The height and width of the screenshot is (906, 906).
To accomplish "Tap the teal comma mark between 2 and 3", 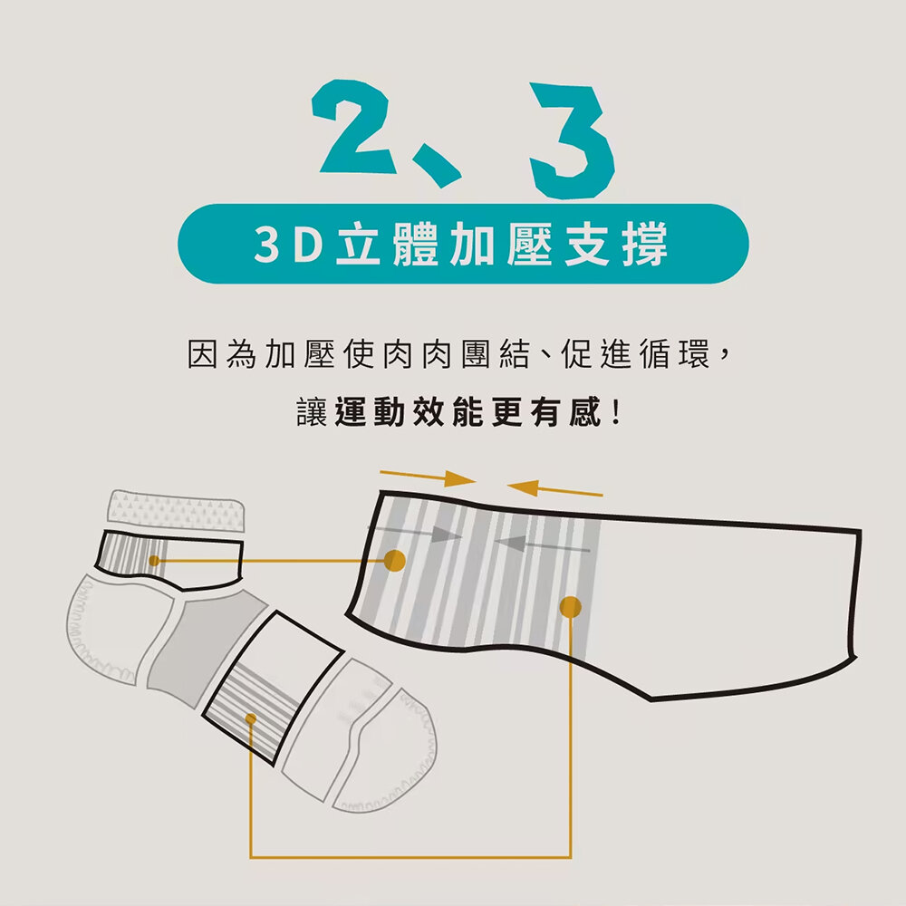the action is tap(438, 167).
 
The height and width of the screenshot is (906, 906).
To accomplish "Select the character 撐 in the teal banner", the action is tap(645, 244).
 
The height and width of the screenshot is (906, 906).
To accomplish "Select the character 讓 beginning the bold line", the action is tap(312, 412).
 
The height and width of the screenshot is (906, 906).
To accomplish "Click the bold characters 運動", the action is tap(370, 412).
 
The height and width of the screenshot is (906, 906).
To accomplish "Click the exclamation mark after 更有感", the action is tap(616, 412).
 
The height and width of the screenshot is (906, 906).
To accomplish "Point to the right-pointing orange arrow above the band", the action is tap(428, 477).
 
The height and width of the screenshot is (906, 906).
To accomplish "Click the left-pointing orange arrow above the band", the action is tap(555, 489).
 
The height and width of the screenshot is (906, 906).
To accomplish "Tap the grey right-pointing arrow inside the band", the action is tap(416, 534).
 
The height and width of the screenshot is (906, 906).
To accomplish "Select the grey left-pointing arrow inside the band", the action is tap(542, 544).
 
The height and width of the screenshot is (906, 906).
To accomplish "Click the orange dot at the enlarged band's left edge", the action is tap(395, 561).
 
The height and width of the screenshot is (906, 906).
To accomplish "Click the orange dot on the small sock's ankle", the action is tap(154, 561).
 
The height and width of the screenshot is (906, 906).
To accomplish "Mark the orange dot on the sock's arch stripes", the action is tap(251, 718).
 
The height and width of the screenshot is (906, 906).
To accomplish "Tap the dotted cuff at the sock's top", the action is tap(177, 511).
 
